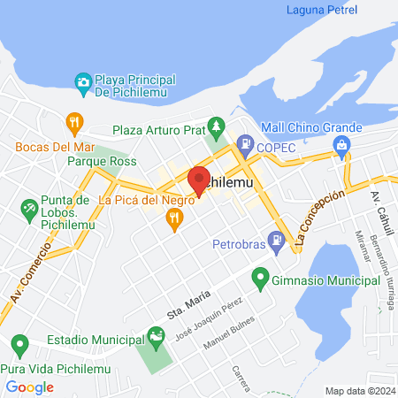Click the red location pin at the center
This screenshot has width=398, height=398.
pyautogui.click(x=199, y=180)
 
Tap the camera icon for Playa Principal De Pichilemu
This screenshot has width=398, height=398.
pyautogui.click(x=83, y=82)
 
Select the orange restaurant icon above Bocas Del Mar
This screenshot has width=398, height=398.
pyautogui.click(x=73, y=121)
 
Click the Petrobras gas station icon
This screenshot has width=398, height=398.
pyautogui.click(x=278, y=239)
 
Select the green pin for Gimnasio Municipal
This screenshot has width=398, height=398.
pyautogui.click(x=260, y=279)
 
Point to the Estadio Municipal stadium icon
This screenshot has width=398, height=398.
pyautogui.click(x=157, y=335)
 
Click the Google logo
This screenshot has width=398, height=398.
pyautogui.click(x=30, y=387)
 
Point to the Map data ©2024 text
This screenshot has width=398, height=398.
pyautogui.click(x=359, y=391)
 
